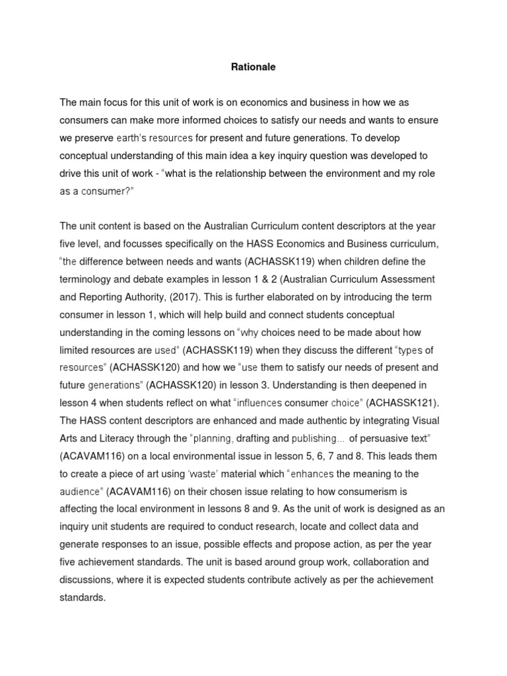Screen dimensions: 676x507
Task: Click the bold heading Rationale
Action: [x=253, y=67]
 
